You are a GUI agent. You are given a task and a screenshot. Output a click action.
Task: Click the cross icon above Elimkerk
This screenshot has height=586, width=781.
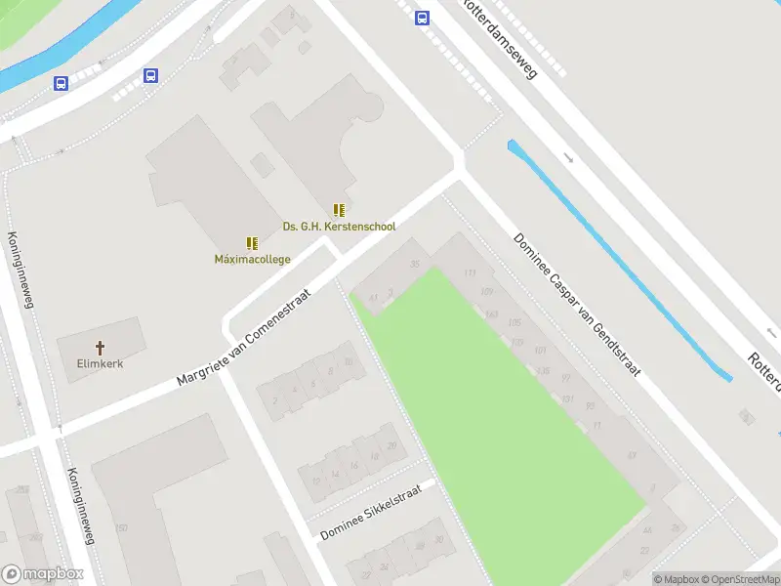pyautogui.click(x=100, y=347)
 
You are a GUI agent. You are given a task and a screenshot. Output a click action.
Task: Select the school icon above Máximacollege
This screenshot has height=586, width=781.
pyautogui.click(x=252, y=243)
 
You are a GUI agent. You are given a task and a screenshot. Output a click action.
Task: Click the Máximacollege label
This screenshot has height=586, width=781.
pyautogui.click(x=252, y=259)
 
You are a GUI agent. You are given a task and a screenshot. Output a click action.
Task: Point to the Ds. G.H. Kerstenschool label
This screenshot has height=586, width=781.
pyautogui.click(x=339, y=227)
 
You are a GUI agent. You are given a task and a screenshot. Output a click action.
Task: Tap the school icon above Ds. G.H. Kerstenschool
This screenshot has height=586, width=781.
pyautogui.click(x=339, y=210)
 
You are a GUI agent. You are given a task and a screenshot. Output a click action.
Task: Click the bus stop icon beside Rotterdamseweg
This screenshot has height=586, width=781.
pyautogui.click(x=422, y=18)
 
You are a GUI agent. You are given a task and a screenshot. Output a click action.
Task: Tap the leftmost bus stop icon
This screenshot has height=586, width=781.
pyautogui.click(x=61, y=84)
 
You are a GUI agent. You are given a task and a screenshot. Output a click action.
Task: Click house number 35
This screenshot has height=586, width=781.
pyautogui.click(x=416, y=265)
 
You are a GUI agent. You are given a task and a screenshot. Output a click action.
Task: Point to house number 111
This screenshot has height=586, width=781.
pyautogui.click(x=472, y=272)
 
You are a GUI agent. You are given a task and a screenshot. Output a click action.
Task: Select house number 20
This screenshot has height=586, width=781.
pyautogui.click(x=391, y=445)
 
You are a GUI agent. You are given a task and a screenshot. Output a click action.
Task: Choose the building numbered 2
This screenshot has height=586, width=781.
pyautogui.click(x=276, y=399)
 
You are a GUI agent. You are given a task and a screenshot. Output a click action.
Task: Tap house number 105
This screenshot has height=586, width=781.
pyautogui.click(x=514, y=323)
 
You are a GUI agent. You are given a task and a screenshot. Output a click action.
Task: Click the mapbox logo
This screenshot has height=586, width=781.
pyautogui.click(x=42, y=574)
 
